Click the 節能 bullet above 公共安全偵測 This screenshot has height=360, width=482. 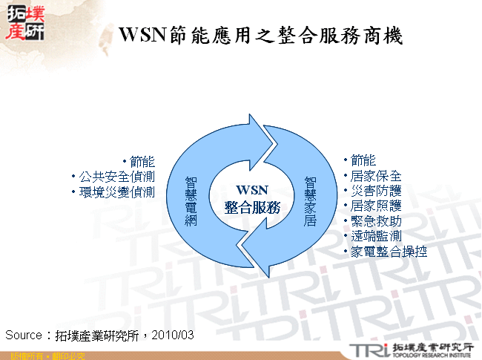pyautogui.click(x=142, y=161)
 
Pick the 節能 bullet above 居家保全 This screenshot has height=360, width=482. pyautogui.click(x=363, y=160)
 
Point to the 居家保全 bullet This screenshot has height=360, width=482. pyautogui.click(x=376, y=176)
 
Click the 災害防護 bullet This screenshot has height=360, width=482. pyautogui.click(x=376, y=191)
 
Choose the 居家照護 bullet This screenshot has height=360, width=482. pyautogui.click(x=376, y=206)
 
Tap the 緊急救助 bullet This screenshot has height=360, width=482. pyautogui.click(x=376, y=221)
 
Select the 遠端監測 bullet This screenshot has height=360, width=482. pyautogui.click(x=376, y=236)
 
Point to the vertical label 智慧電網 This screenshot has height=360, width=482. pyautogui.click(x=191, y=200)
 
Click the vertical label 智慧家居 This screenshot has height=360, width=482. pyautogui.click(x=310, y=200)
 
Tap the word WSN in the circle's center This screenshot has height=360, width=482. pyautogui.click(x=250, y=189)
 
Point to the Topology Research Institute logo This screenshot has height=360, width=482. pyautogui.click(x=412, y=349)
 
